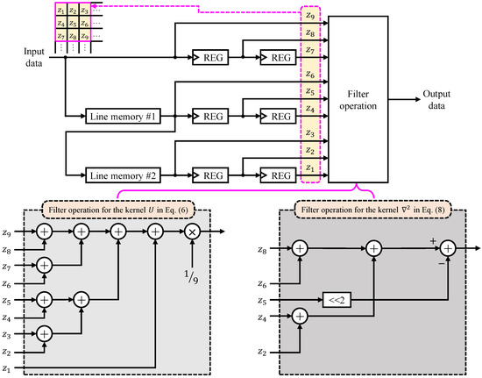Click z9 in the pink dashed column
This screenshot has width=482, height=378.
[x=309, y=15]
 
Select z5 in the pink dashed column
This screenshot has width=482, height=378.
[x=309, y=91]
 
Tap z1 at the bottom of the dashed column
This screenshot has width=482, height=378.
[x=309, y=168]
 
